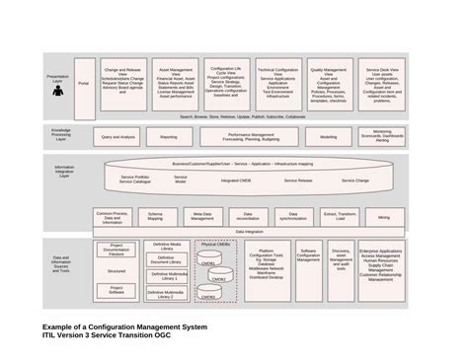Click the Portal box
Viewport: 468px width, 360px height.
click(83, 85)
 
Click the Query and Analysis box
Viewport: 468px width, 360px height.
click(119, 137)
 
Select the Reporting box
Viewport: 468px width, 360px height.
click(169, 137)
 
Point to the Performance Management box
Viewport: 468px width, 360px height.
click(251, 137)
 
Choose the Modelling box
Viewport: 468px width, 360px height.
click(328, 137)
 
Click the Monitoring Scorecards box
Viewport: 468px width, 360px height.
click(383, 137)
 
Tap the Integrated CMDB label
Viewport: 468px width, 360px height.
click(236, 181)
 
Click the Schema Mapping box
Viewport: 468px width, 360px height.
click(156, 216)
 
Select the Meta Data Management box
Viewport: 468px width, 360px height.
click(202, 216)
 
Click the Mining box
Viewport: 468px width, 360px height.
click(383, 216)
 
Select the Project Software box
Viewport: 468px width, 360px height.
click(116, 291)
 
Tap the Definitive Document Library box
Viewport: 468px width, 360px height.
click(167, 260)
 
